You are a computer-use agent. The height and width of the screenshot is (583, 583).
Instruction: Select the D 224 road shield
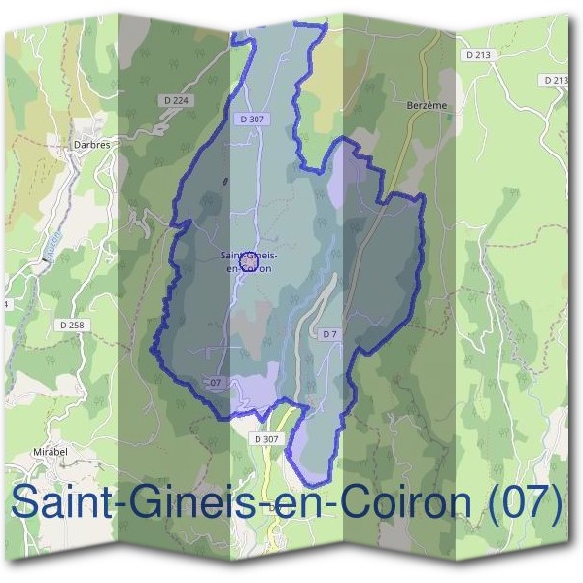click(x=175, y=99)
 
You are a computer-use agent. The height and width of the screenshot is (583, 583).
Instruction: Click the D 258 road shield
click(x=74, y=325)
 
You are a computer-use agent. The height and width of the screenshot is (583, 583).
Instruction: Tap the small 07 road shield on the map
click(x=215, y=383)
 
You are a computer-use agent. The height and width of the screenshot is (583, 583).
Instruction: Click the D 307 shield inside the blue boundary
click(x=251, y=119)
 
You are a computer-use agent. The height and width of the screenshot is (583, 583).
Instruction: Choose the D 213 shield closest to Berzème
click(x=477, y=55)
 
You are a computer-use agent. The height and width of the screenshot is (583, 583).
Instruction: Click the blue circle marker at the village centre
click(x=248, y=261)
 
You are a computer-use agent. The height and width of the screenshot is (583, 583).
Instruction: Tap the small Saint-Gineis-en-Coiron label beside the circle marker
click(x=249, y=261)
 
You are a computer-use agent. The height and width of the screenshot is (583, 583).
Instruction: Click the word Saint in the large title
click(x=59, y=503)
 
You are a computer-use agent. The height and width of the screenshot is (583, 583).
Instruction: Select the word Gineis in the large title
click(x=182, y=503)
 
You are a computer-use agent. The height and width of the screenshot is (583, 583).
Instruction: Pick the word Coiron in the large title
click(x=389, y=503)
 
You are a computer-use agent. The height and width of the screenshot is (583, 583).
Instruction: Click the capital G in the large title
click(x=141, y=503)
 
